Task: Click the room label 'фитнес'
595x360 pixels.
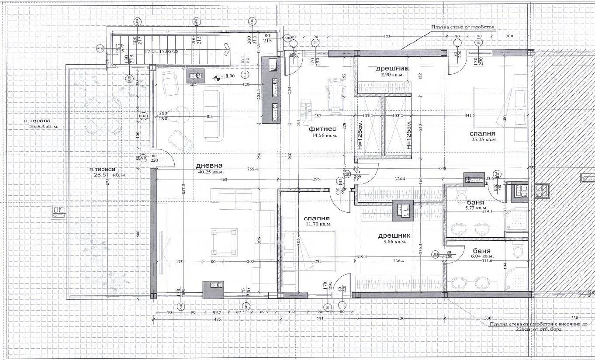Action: point(322,129)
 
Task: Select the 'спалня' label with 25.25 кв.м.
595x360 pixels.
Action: point(482,134)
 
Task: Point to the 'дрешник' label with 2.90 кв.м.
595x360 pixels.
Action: point(392,69)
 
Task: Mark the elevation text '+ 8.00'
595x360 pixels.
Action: point(228,76)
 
